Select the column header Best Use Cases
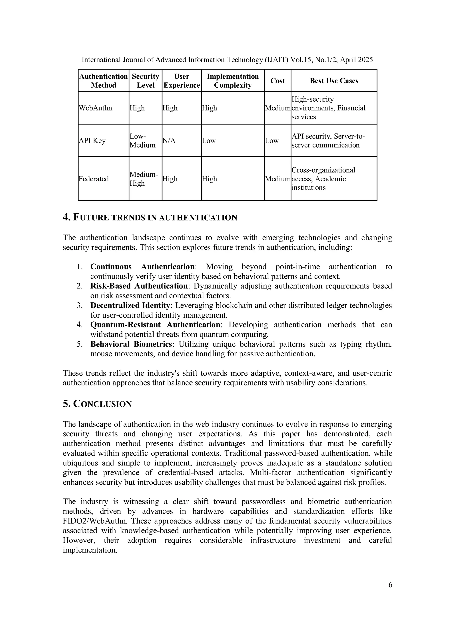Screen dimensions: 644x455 coord(334,81)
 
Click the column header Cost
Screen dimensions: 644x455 coord(277,81)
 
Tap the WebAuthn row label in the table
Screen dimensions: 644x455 coord(95,108)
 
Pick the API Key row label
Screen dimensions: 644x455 coord(92,140)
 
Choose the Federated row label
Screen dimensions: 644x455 coord(94,179)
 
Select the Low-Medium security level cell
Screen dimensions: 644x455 coord(142,140)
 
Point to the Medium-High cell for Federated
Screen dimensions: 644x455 coord(144,179)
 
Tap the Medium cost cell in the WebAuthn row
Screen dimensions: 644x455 coord(277,108)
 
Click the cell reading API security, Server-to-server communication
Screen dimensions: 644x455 coord(328,140)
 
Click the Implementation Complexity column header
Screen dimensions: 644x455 coord(233,81)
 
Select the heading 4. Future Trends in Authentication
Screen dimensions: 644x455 coord(150,217)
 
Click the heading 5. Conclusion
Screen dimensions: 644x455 coord(97,404)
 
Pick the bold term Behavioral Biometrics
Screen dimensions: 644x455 coord(131,344)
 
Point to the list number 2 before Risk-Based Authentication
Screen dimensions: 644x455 coord(79,286)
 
